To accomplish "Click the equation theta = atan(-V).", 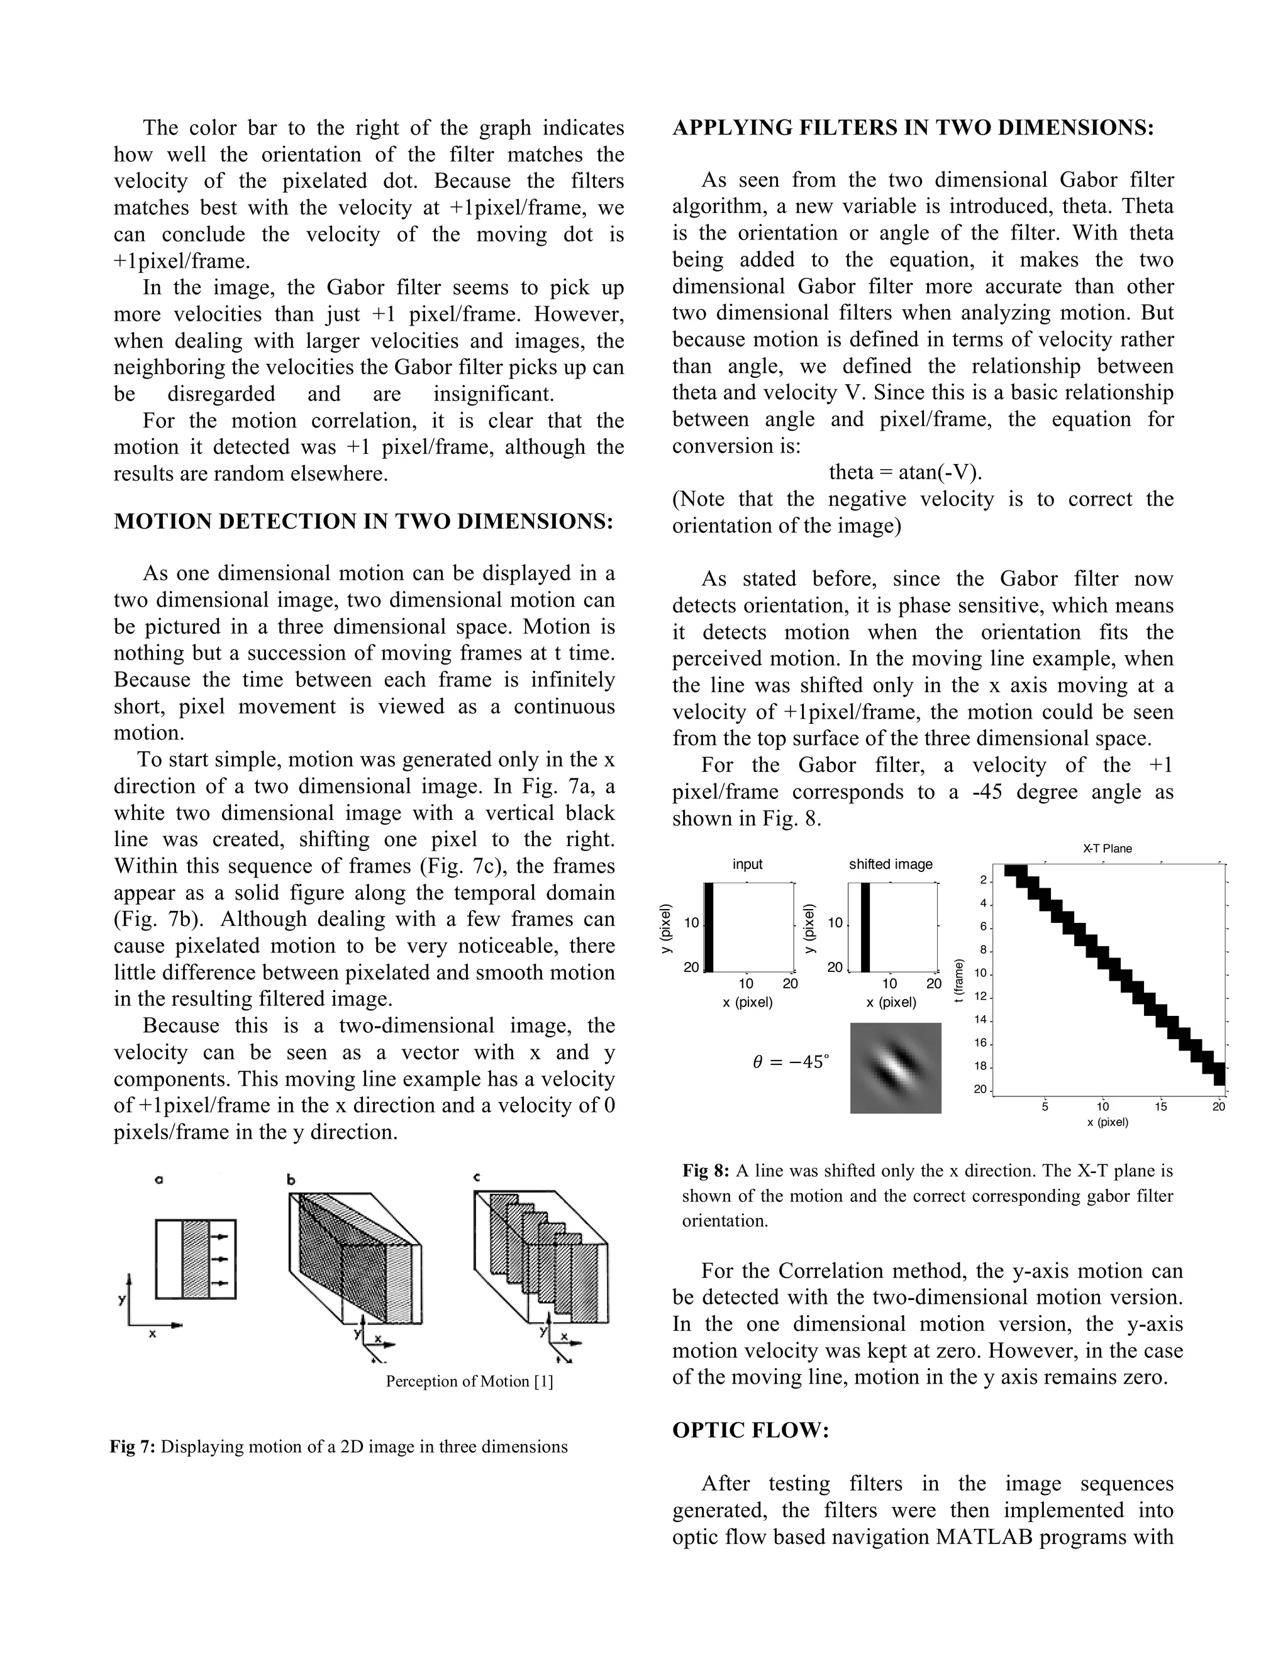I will pos(905,472).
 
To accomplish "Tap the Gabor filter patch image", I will pos(895,1068).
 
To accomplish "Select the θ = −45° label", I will pos(791,1061).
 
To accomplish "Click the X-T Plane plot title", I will pos(1107,848).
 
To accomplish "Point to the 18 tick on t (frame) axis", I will pos(980,1066).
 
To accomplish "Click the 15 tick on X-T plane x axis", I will pos(1160,1106).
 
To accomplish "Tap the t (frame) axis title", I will pos(960,980).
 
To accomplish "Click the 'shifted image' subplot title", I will pos(891,864).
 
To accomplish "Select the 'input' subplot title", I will pos(747,864).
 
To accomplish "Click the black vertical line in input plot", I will pos(708,927).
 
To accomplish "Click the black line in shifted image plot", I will pos(865,927).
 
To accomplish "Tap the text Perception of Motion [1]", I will pos(469,1381).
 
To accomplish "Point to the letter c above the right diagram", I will pos(477,1178).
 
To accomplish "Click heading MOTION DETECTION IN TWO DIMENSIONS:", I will pos(364,522).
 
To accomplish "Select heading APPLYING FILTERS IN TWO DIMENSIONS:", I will pos(913,128).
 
